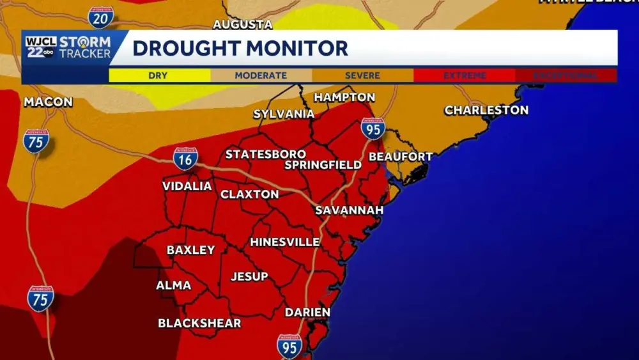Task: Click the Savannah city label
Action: coord(350,210)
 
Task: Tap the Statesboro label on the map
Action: coord(265,155)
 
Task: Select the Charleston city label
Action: coord(486,110)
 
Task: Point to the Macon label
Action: coord(48,102)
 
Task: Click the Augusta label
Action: coord(242,24)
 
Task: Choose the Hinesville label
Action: coord(285,242)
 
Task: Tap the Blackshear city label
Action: coord(199,323)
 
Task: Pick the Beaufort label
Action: coord(401,157)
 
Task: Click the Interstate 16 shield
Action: coord(185,158)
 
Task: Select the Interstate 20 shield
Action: coord(101,18)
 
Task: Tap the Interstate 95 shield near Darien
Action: coord(289,345)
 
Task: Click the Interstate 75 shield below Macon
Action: coord(36,140)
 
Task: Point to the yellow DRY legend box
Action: coord(159,75)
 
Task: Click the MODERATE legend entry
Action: coord(261,75)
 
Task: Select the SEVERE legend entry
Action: coord(362,75)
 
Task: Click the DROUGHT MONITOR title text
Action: coord(240,48)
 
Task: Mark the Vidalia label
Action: coord(187,186)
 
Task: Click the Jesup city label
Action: coord(249,276)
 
